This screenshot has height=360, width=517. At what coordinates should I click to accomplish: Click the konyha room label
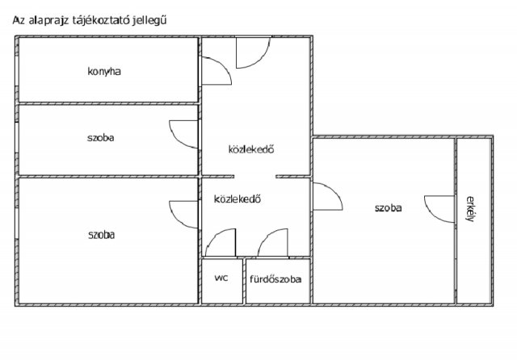(104, 72)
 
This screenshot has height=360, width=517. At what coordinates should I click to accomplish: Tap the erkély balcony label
(470, 209)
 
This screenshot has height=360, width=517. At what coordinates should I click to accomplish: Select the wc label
(221, 278)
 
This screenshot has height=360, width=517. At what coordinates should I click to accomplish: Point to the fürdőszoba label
(275, 279)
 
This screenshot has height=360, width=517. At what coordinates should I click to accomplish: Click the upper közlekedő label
(251, 149)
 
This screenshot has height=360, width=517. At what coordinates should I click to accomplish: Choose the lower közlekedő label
(237, 199)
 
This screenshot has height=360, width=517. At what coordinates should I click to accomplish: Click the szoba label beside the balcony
(388, 208)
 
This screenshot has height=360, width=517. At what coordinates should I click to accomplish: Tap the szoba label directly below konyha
(100, 138)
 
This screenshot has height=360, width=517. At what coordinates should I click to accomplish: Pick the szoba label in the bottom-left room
(102, 235)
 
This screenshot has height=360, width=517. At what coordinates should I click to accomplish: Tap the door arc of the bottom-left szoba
(178, 221)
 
